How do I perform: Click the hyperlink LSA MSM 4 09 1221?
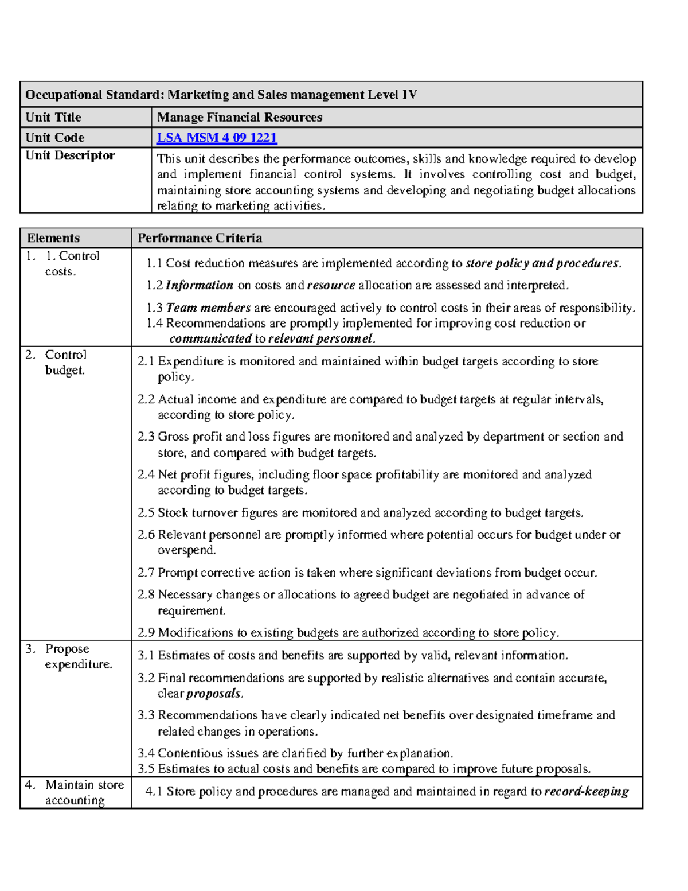point(217,138)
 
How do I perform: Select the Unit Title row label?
point(53,118)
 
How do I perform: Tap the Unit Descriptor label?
point(70,155)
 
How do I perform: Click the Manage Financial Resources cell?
point(240,118)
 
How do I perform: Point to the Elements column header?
point(53,238)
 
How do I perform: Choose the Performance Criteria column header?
point(200,238)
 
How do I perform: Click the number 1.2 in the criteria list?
point(154,285)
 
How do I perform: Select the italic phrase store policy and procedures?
point(542,263)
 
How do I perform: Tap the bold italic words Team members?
point(208,308)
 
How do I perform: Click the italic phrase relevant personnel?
point(321,338)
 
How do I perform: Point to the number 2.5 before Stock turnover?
point(146,513)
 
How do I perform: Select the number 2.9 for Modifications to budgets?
point(146,633)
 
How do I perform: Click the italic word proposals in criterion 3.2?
point(214,694)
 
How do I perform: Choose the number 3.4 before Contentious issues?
point(146,753)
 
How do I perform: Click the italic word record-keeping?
point(586,792)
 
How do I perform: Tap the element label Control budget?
point(65,363)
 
